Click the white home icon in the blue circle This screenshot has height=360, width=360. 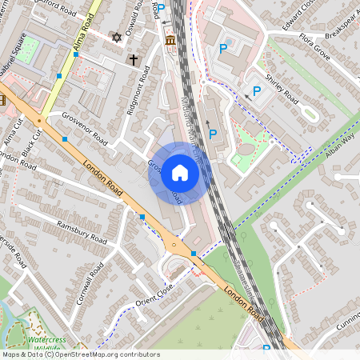(x=180, y=173)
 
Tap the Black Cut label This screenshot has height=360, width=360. (x=31, y=142)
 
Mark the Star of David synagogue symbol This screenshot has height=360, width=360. (x=117, y=38)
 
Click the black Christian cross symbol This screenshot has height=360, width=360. (x=134, y=59)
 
